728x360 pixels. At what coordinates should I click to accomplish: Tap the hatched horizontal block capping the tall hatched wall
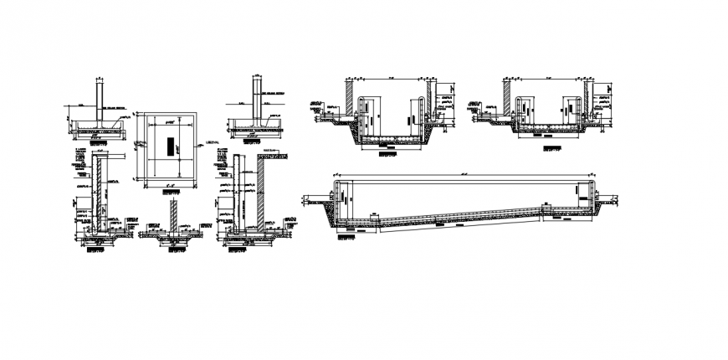click(272, 155)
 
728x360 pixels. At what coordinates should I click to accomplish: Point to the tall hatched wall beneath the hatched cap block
click(261, 193)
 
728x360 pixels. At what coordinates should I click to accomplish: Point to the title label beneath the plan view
click(170, 192)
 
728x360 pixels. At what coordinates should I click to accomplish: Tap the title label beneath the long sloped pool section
click(344, 237)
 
